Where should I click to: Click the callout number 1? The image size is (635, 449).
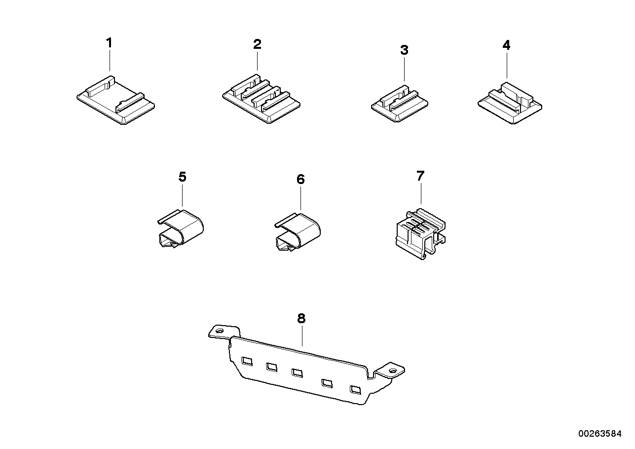[109, 43]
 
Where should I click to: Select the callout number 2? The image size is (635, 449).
[257, 44]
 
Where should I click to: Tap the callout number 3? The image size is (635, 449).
[404, 50]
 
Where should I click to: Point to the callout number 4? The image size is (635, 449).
[506, 45]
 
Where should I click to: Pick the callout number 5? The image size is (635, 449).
[182, 177]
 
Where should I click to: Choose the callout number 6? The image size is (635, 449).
[300, 179]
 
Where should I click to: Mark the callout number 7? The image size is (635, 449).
[420, 176]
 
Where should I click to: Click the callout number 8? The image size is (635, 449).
[301, 319]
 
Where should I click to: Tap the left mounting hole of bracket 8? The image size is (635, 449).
[220, 332]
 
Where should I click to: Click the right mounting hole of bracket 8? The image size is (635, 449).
[393, 370]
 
